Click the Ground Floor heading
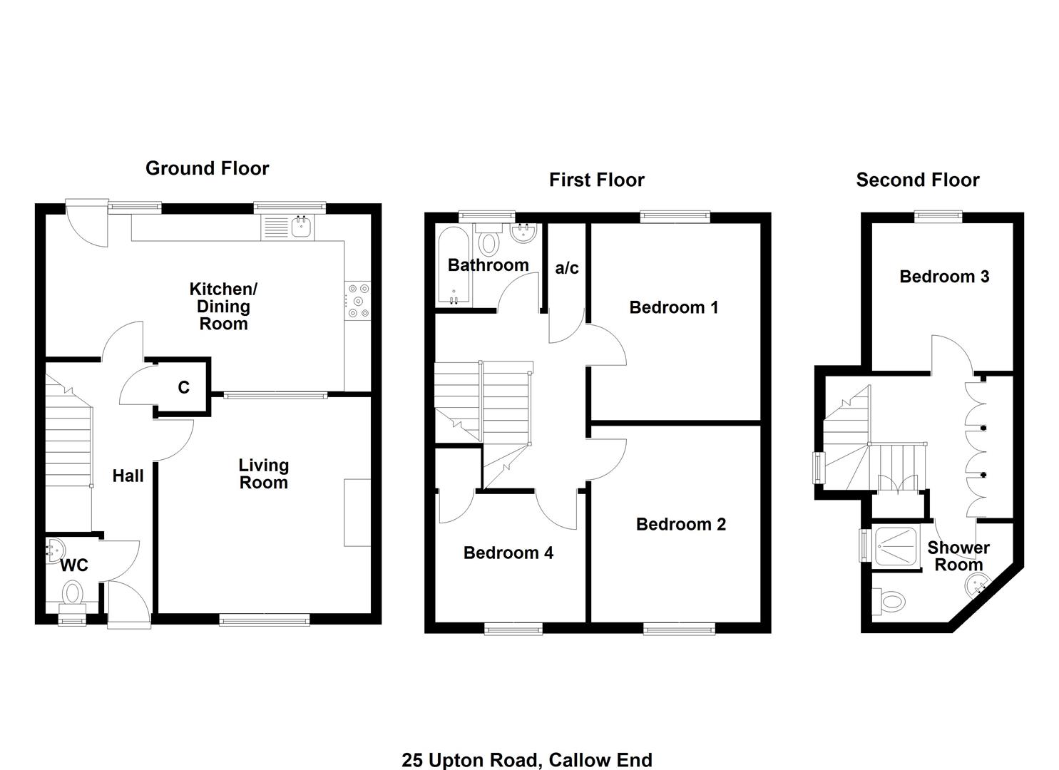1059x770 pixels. (x=207, y=168)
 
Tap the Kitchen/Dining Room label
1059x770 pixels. (x=222, y=307)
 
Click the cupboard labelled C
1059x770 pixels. (x=183, y=387)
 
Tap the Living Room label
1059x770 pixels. (x=263, y=474)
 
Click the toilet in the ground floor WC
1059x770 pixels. (x=72, y=593)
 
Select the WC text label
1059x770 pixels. (x=74, y=565)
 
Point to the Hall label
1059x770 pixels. (x=128, y=476)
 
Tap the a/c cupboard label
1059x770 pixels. (x=567, y=268)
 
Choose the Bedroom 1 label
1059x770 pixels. (x=673, y=307)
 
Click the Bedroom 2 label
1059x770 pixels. (x=680, y=524)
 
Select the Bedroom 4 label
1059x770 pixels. (x=508, y=553)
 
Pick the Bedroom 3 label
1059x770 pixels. (x=943, y=277)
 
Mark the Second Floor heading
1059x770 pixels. (x=917, y=180)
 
